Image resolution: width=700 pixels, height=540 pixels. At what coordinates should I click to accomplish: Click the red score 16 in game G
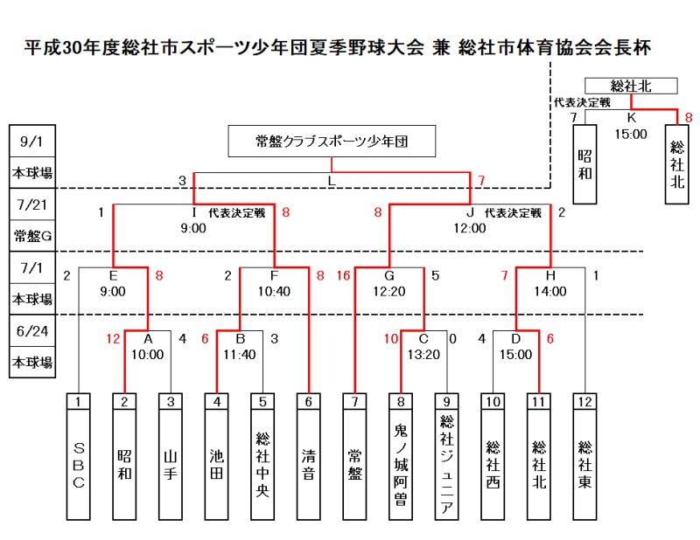click(342, 276)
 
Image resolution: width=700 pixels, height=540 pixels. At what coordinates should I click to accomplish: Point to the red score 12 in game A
click(113, 339)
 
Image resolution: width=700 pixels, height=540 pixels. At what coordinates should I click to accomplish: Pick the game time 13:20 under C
click(423, 355)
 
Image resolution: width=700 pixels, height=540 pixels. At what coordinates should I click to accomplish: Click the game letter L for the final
click(331, 181)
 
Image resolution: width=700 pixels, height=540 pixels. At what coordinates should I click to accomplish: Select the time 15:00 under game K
click(631, 134)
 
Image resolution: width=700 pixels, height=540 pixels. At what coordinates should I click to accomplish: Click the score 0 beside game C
click(452, 339)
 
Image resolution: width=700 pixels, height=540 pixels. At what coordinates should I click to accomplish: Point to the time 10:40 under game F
click(274, 292)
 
